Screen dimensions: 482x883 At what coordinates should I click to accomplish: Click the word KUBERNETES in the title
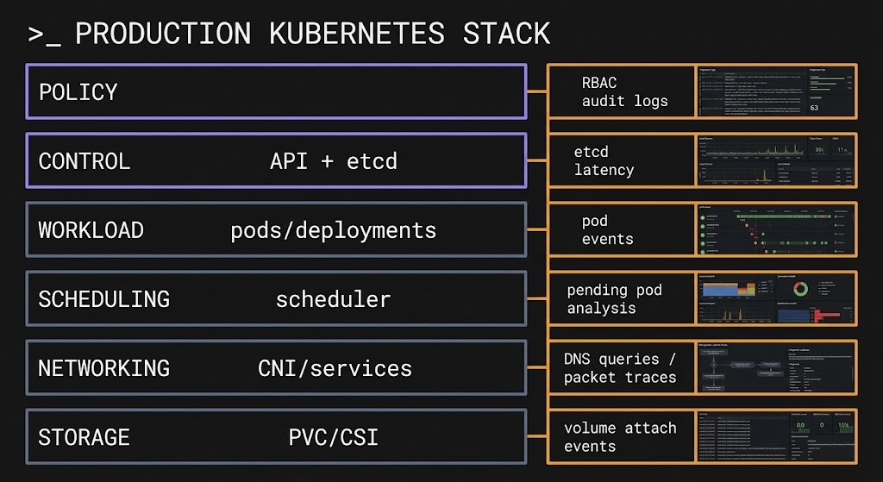pos(357,34)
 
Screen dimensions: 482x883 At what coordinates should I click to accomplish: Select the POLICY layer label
pos(78,91)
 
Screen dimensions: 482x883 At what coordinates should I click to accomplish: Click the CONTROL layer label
pos(85,160)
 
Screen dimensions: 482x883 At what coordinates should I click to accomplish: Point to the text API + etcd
pos(333,160)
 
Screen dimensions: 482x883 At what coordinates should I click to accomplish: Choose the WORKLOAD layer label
pos(91,230)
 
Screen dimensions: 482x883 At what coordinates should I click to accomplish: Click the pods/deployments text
pos(333,230)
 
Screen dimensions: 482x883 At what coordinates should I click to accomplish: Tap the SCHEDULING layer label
pos(103,299)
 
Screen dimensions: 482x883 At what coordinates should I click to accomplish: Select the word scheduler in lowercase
pos(333,299)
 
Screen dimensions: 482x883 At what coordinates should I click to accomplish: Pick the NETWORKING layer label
pos(103,368)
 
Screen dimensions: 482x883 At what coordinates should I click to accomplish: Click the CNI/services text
pos(335,368)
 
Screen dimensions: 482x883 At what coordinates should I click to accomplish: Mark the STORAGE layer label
pos(84,437)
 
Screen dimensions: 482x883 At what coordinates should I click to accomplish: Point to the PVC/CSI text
pos(333,437)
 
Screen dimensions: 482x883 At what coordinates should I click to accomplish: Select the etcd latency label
pos(604,160)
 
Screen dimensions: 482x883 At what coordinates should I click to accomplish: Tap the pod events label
pos(607,229)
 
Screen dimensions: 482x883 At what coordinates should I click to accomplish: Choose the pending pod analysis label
pos(614,298)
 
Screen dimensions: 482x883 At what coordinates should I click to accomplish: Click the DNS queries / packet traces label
pos(620,367)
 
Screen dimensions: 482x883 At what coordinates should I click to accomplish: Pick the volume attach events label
pos(620,436)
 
